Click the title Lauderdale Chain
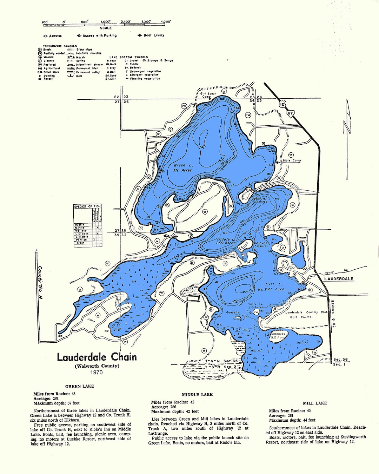[x=97, y=357]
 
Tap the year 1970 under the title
[x=97, y=373]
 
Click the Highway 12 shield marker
[x=282, y=104]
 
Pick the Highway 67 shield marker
[x=291, y=113]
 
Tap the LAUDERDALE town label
[x=339, y=279]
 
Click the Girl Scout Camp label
[x=208, y=95]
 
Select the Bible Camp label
[x=292, y=160]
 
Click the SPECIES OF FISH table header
[x=87, y=206]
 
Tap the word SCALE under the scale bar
[x=106, y=28]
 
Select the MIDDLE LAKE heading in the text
[x=197, y=395]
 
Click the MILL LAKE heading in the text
[x=315, y=403]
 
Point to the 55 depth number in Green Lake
[x=204, y=147]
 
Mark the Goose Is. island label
[x=233, y=312]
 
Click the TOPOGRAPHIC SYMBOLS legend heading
[x=60, y=46]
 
